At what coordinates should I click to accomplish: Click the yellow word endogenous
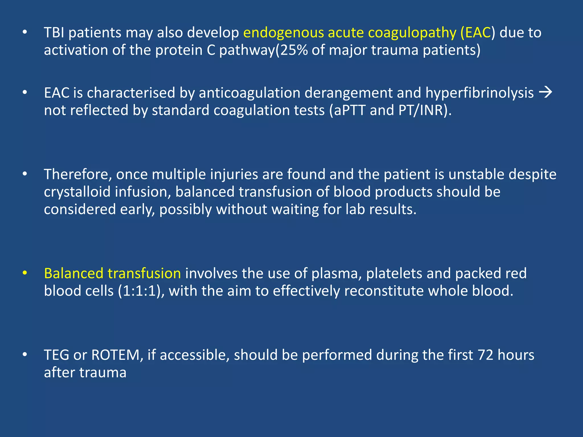[x=283, y=33]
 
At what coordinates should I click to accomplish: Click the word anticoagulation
[x=249, y=93]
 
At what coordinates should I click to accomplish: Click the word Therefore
[x=78, y=174]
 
